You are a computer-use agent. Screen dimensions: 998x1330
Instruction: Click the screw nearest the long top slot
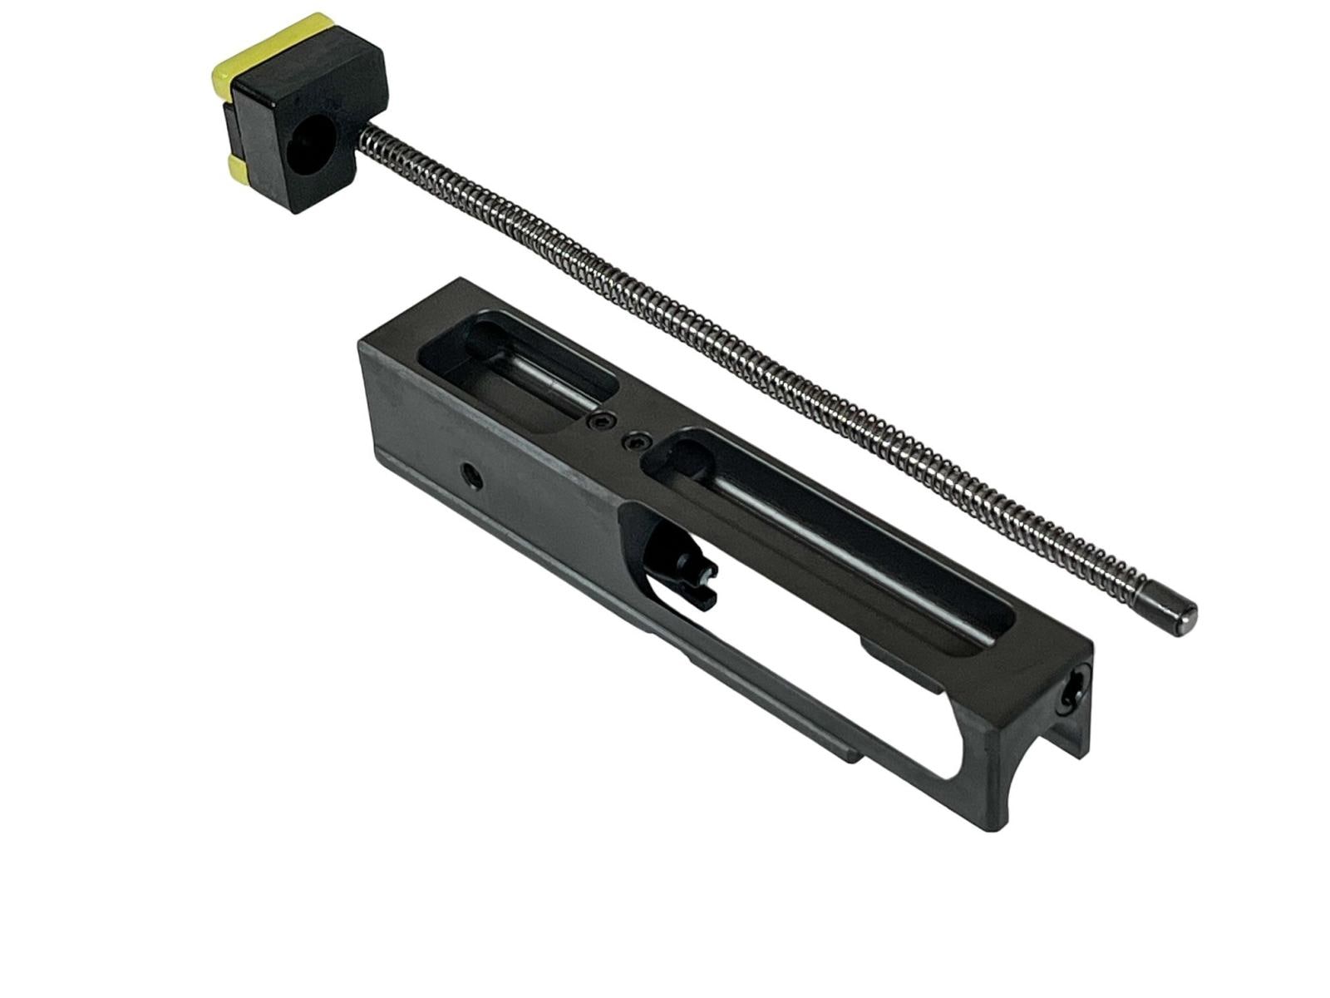(x=638, y=442)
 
